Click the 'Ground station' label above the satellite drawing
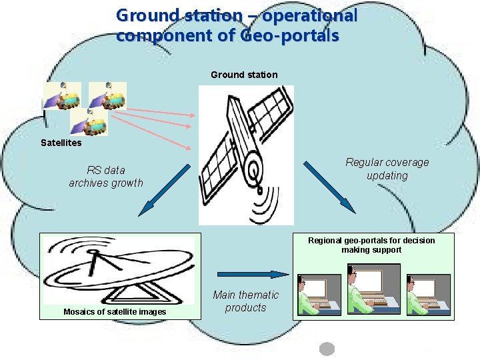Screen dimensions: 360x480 (x=244, y=75)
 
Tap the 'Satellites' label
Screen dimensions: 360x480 (x=61, y=143)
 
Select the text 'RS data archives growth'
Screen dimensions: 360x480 (x=106, y=176)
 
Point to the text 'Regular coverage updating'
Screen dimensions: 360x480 (x=387, y=169)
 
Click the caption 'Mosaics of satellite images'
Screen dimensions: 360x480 (x=115, y=312)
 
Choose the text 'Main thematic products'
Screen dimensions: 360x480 (x=245, y=301)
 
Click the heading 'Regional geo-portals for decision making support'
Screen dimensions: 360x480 (x=371, y=245)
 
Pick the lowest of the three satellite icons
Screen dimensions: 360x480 (x=89, y=121)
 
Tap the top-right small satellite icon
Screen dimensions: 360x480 (x=107, y=96)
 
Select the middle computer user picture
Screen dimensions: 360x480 (x=373, y=290)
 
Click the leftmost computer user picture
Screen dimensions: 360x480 (x=319, y=293)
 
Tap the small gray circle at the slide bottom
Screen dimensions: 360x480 (x=327, y=349)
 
